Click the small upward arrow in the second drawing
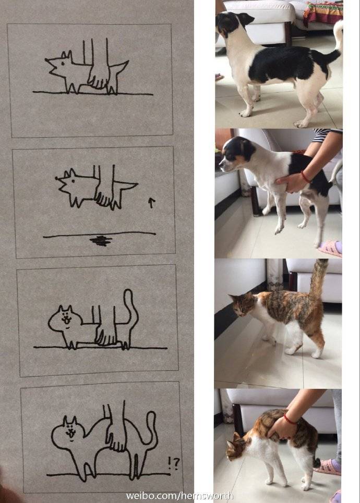coord(151,203)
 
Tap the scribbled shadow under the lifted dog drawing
coord(101,240)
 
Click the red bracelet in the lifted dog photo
coord(305,177)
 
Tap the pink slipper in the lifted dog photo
coord(330,249)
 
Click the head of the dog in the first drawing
coord(58,65)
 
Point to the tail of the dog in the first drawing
coord(119,69)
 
